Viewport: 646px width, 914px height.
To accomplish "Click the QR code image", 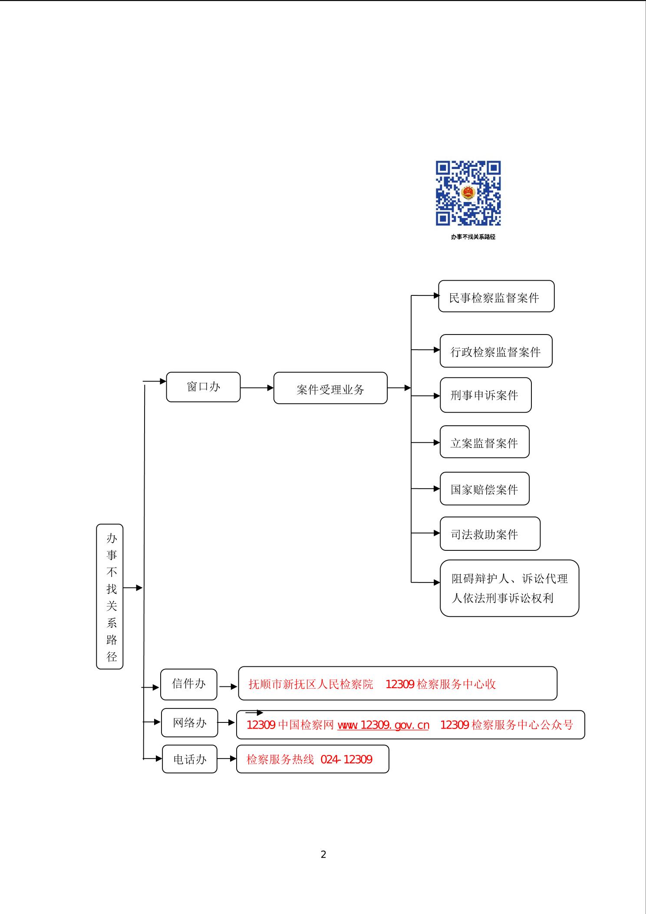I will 468,193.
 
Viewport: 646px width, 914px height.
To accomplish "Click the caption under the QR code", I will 473,237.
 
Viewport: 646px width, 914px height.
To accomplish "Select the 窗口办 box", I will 203,387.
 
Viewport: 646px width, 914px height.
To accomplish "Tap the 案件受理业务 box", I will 330,388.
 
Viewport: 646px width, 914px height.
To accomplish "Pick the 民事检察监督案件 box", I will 496,296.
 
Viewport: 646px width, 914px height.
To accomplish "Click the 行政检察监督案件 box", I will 496,351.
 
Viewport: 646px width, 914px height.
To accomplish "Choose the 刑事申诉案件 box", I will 485,395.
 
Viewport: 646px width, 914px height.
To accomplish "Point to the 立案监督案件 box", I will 484,442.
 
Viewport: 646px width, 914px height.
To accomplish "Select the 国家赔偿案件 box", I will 484,489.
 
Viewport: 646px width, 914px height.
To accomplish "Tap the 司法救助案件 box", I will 490,534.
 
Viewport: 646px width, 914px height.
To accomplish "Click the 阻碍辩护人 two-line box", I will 509,588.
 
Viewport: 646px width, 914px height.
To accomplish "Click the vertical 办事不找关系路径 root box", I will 110,596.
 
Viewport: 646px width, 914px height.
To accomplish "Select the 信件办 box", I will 189,685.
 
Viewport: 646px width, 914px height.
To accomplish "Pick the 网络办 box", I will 189,723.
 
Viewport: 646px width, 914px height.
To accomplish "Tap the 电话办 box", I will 190,759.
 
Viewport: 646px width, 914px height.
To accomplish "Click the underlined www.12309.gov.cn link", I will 383,725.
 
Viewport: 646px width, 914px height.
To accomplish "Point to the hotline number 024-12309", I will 346,759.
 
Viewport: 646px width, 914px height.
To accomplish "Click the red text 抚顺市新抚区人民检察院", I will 311,685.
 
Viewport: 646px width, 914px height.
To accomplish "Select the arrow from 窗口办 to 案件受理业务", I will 257,388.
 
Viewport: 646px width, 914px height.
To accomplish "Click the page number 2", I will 323,855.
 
